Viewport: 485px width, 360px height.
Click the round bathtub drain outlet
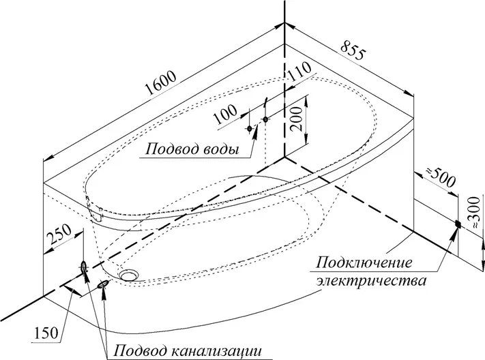[129, 275]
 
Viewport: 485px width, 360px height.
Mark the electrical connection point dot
[458, 224]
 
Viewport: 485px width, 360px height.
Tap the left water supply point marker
[250, 127]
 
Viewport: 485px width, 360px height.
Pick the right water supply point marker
[265, 121]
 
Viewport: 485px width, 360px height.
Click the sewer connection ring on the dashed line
[84, 267]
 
